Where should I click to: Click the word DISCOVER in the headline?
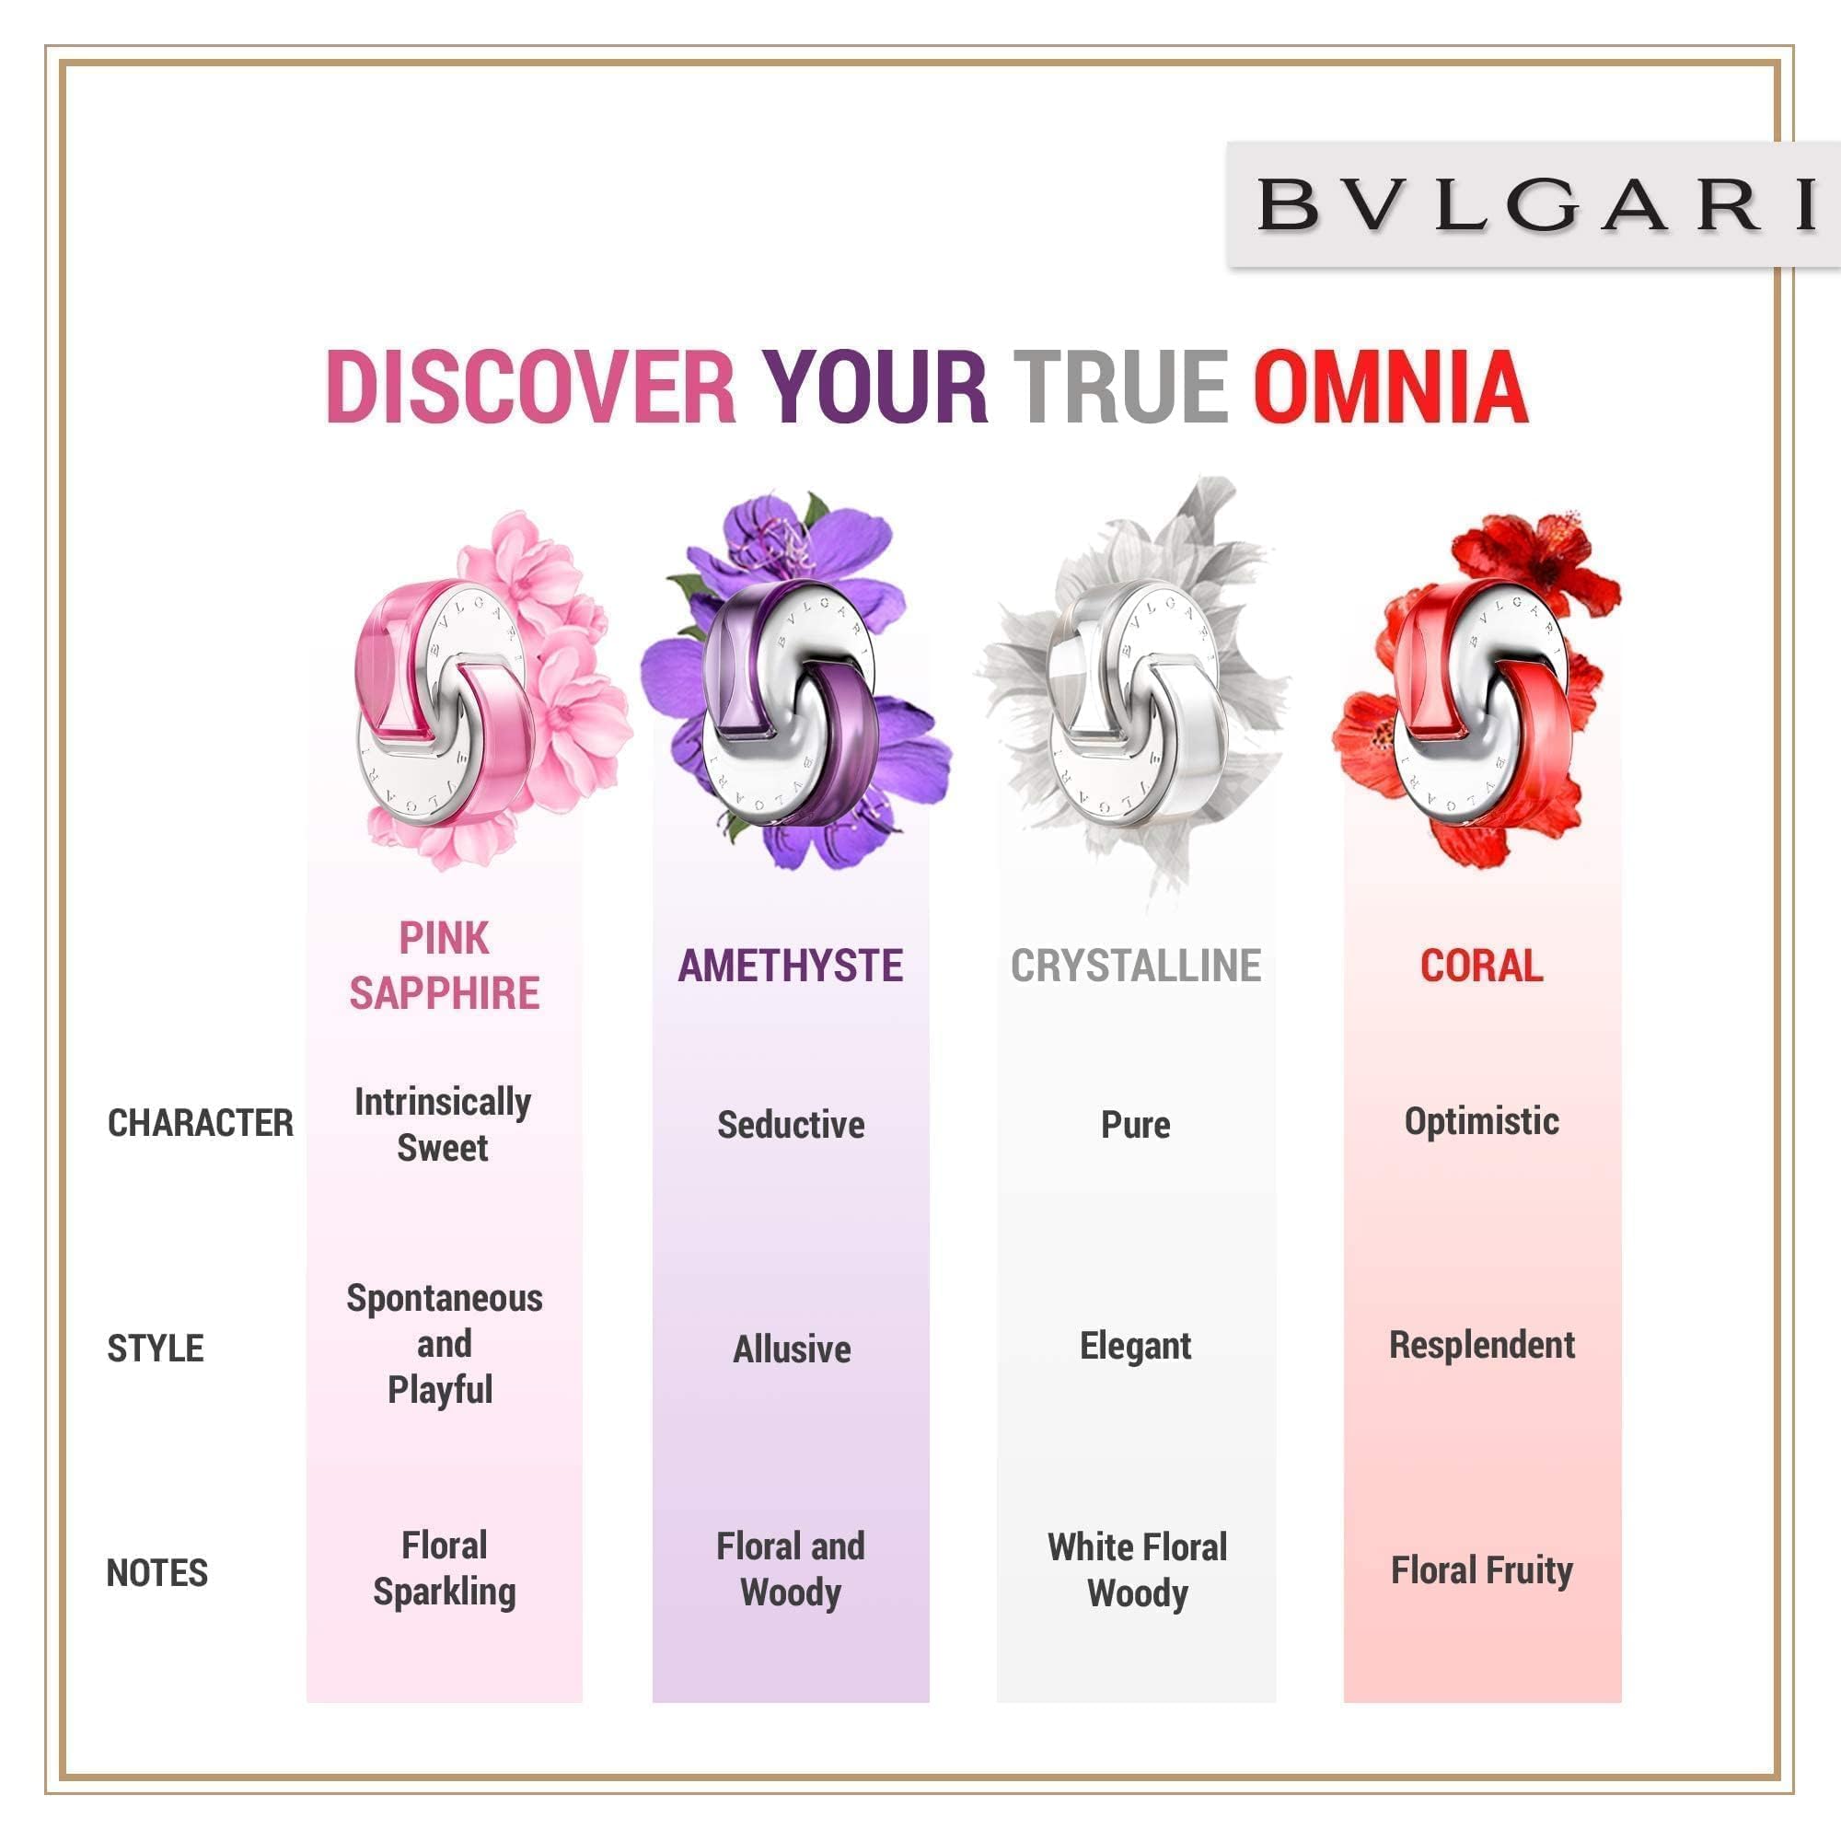click(531, 387)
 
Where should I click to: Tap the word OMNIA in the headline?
click(1390, 387)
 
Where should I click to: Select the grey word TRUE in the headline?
click(1119, 387)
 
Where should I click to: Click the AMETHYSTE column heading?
click(790, 966)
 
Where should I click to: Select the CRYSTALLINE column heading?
click(1136, 966)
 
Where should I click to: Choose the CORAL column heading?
click(1482, 966)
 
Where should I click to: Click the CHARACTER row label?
click(200, 1122)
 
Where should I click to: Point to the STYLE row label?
click(156, 1349)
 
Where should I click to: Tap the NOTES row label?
click(157, 1573)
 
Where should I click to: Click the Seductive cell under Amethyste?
click(791, 1125)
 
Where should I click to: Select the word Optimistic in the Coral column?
click(1482, 1121)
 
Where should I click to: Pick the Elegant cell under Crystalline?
click(1136, 1347)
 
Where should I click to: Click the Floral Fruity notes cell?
click(1482, 1570)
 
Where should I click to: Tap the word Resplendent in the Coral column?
click(1482, 1346)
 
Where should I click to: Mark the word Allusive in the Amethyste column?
click(792, 1349)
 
